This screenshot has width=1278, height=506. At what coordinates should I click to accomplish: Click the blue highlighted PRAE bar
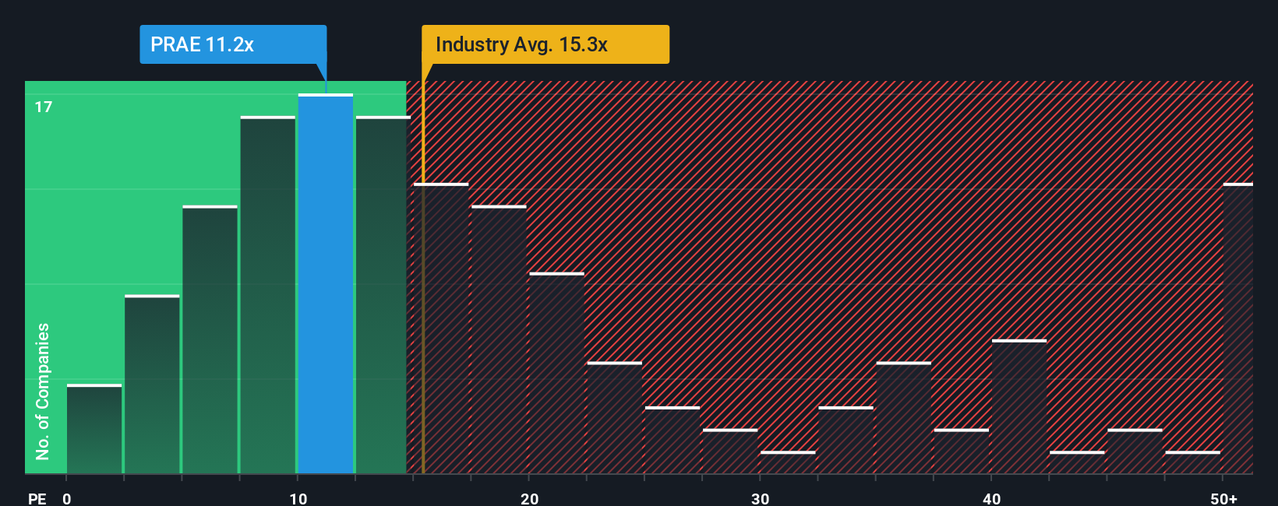click(326, 284)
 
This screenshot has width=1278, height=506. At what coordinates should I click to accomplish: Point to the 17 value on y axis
click(44, 107)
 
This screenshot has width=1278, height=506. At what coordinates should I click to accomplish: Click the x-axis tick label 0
click(66, 498)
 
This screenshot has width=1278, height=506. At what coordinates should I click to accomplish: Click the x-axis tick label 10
click(298, 498)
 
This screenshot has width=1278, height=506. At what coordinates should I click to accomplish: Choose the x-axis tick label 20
click(529, 498)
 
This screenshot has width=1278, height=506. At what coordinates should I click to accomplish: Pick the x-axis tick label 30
click(760, 498)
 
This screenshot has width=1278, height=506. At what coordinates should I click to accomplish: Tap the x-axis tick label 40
click(991, 498)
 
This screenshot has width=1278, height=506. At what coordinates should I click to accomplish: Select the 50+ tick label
click(1223, 498)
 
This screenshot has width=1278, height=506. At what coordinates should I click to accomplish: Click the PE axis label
click(37, 498)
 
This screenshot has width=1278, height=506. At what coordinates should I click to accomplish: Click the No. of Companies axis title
click(43, 391)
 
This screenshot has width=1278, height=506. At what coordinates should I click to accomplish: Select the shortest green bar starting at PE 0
click(94, 429)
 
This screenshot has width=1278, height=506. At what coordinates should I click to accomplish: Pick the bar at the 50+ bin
click(1237, 329)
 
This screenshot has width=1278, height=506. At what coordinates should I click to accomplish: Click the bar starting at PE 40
click(1019, 406)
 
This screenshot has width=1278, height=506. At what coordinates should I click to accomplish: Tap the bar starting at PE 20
click(556, 373)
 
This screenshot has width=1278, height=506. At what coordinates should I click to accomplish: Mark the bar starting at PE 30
click(788, 462)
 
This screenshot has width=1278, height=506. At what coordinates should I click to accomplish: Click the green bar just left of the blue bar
click(268, 295)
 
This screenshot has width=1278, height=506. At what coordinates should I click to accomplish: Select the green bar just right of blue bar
click(382, 295)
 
